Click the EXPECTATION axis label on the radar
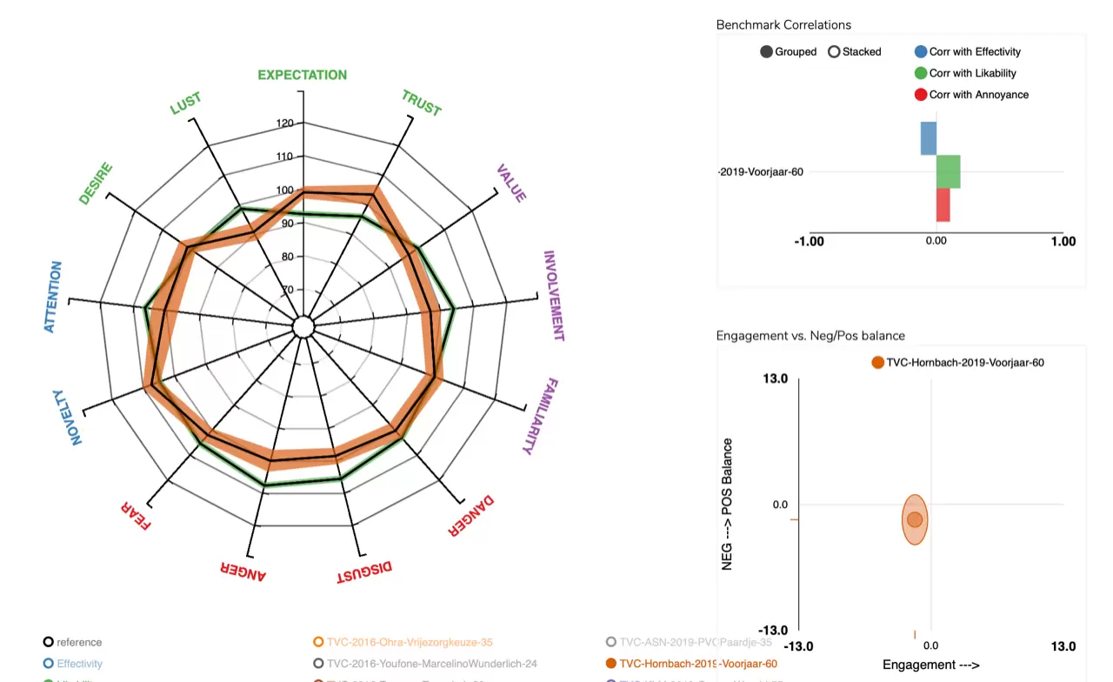tap(302, 75)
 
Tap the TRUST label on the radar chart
tap(422, 103)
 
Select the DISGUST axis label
tap(364, 572)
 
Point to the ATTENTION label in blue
tap(54, 297)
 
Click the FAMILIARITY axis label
tap(540, 417)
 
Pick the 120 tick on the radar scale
tap(284, 124)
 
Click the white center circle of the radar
tap(303, 327)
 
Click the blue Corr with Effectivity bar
tap(929, 138)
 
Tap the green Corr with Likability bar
tap(948, 171)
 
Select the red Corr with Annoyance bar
tap(943, 205)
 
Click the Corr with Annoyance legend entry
tap(978, 95)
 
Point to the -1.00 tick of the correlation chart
tap(809, 241)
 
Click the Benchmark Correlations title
tap(783, 25)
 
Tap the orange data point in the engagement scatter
tap(915, 519)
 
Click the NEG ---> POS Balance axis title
tap(728, 505)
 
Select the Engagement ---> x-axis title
tap(930, 665)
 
